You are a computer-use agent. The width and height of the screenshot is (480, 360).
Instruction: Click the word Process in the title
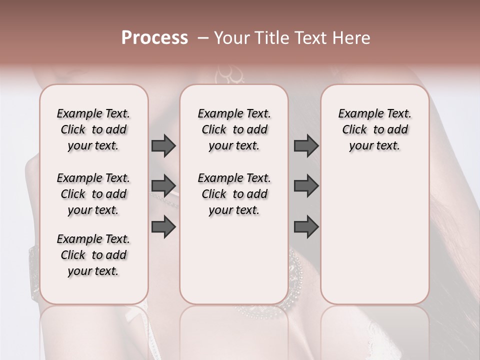[154, 38]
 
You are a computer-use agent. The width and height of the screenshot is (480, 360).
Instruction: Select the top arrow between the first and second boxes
[163, 146]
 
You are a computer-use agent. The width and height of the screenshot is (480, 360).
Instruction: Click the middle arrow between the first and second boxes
[163, 186]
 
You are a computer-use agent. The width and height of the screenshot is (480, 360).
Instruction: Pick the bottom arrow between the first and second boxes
[163, 226]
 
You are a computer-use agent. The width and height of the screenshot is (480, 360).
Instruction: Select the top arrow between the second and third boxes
[306, 146]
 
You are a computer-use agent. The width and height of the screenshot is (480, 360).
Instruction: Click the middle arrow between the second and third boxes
[306, 186]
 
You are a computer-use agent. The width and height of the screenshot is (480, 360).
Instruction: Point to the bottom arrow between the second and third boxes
[306, 226]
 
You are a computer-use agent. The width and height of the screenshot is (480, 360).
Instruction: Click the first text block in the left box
[93, 129]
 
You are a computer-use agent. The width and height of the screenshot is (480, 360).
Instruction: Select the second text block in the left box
[93, 194]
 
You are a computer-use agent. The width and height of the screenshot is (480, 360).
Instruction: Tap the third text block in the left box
[93, 255]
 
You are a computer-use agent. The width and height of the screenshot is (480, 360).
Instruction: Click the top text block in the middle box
[234, 129]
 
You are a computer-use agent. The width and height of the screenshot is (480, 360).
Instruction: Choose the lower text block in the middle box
[234, 194]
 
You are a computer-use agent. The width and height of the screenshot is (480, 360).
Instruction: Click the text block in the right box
[374, 129]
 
